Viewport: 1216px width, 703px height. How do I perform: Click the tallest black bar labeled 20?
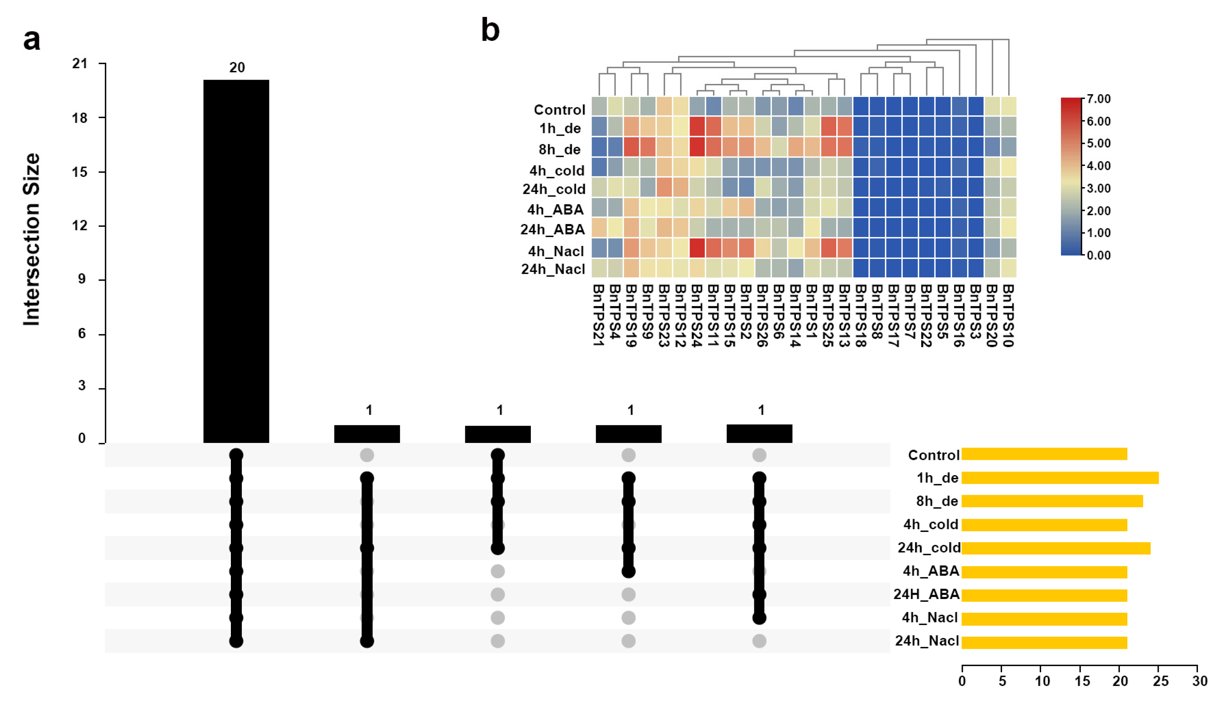coord(236,260)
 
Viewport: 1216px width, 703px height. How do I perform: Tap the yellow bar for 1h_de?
coord(1060,478)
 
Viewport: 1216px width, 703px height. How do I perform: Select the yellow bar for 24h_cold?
coord(1056,548)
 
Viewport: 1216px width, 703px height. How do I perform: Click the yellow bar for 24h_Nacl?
coord(1044,642)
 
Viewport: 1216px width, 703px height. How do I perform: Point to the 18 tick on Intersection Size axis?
coord(80,118)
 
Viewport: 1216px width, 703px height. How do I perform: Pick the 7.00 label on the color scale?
coord(1099,99)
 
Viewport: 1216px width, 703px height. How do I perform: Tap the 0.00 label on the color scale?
coord(1099,255)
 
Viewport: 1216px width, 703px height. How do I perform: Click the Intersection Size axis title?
coord(32,239)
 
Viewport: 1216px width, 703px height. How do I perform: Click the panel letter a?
coord(32,40)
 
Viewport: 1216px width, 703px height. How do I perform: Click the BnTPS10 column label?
coord(1008,315)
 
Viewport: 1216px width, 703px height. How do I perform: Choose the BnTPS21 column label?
coord(598,315)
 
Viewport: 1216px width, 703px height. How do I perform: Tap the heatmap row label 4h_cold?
coord(557,170)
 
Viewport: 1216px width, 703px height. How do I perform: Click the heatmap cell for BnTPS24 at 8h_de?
coord(697,147)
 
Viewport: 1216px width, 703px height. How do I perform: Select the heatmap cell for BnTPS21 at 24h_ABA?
coord(599,228)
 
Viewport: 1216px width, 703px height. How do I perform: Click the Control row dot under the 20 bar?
coord(236,455)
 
